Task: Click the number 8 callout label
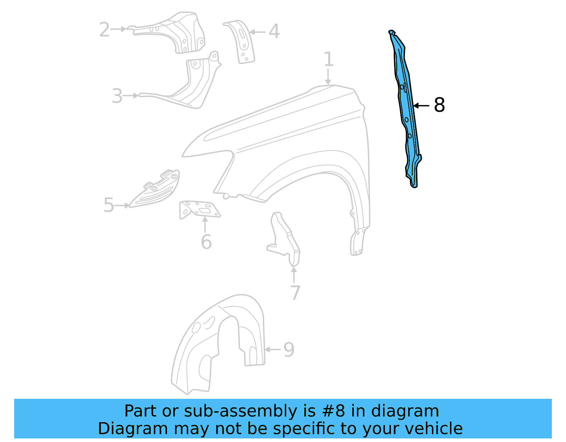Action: pos(439,105)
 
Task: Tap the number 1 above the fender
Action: pos(329,59)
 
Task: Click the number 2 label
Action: pos(104,29)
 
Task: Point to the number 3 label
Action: pos(117,96)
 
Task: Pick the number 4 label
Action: pos(274,31)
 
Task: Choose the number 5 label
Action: pos(109,205)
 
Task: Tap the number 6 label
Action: pos(206,242)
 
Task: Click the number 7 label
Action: pos(295,293)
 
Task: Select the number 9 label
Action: pos(289,350)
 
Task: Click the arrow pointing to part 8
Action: pos(421,105)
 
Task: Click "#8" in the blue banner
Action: pos(334,411)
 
